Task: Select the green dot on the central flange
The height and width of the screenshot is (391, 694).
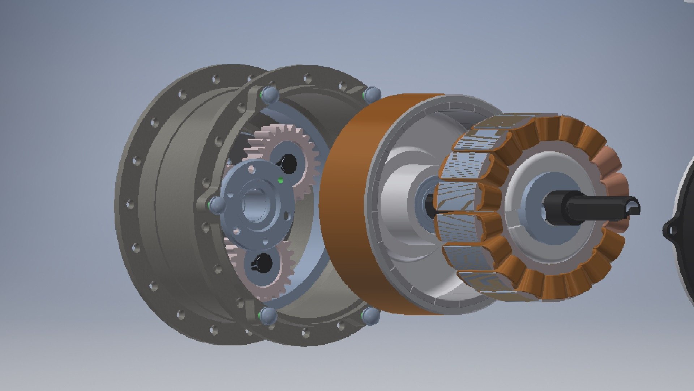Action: click(280, 180)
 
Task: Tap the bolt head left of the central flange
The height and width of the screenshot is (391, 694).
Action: click(217, 205)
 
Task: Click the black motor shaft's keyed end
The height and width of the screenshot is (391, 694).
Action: click(631, 208)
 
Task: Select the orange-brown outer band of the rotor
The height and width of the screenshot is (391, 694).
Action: click(347, 203)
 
